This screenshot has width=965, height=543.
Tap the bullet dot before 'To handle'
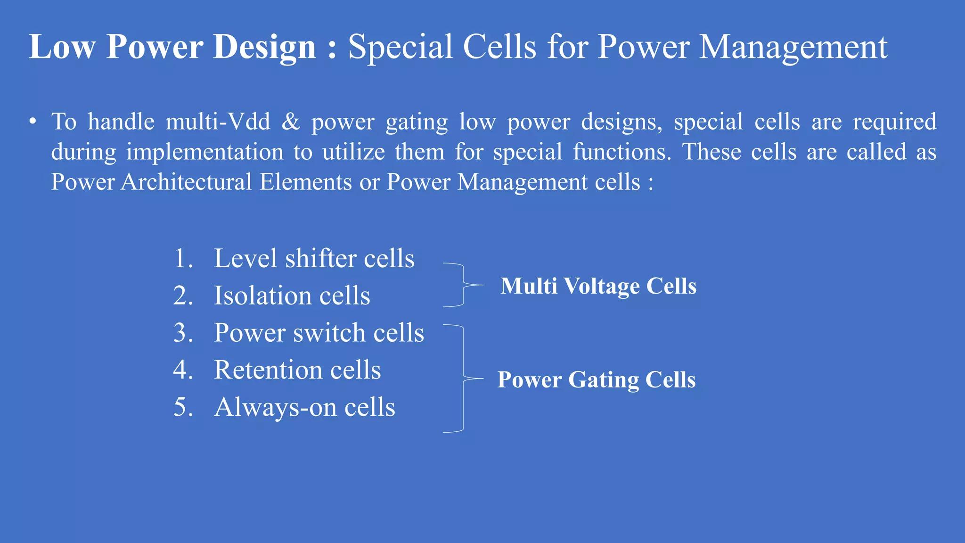(x=33, y=122)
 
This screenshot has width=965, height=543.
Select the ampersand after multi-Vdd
(x=291, y=122)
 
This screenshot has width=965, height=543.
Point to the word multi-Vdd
(x=218, y=122)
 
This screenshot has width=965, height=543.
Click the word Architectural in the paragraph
(x=186, y=182)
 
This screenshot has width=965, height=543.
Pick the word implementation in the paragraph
(x=205, y=152)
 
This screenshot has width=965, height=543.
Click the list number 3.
(x=183, y=333)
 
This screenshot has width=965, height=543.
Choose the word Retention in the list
(x=267, y=370)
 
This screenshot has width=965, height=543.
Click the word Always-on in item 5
(x=275, y=407)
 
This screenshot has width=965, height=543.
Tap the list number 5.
(x=183, y=407)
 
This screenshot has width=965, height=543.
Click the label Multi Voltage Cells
(x=598, y=286)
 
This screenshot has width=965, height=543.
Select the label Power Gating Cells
(x=596, y=380)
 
